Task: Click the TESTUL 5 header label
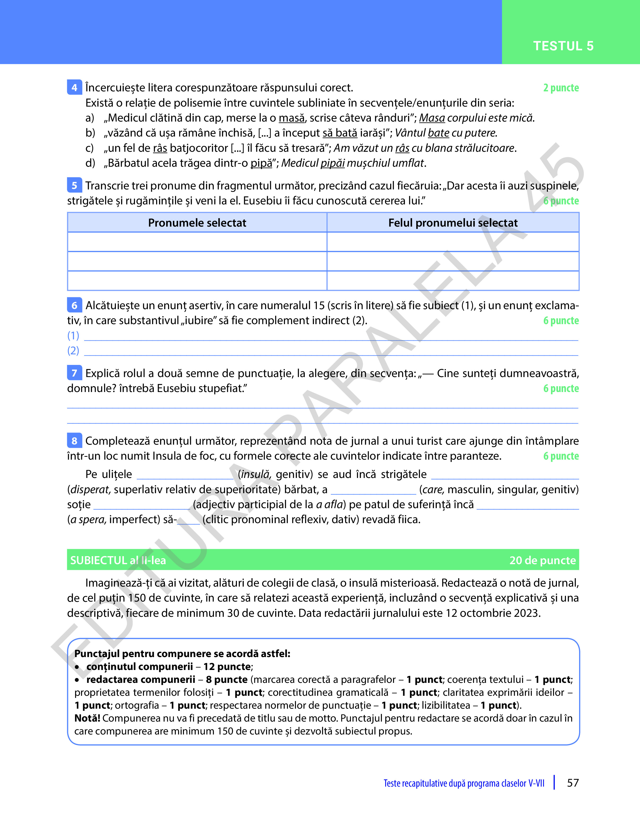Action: [x=563, y=46]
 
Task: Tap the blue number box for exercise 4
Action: [x=74, y=87]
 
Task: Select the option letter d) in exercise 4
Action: [x=90, y=163]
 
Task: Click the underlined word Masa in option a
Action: [x=432, y=118]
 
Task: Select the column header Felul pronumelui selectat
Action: [x=453, y=223]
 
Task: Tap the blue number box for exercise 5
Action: [x=74, y=185]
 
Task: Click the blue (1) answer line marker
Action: [x=73, y=335]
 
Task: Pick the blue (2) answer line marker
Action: [x=73, y=350]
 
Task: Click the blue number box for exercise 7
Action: [x=74, y=373]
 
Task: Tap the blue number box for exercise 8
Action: [x=74, y=441]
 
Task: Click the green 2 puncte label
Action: [x=561, y=88]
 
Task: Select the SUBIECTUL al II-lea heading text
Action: [x=118, y=560]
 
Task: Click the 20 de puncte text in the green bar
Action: [x=542, y=560]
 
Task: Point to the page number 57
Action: [x=573, y=783]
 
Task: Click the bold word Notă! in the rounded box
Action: [x=87, y=718]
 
